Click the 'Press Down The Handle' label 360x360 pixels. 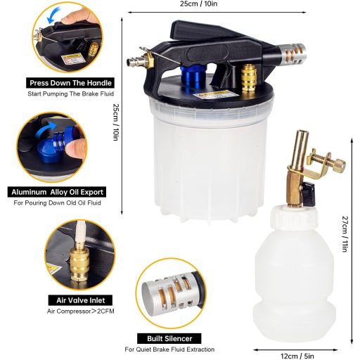70,82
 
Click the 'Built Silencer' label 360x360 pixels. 169,338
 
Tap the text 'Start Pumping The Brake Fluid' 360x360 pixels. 70,94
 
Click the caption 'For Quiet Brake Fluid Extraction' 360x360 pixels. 169,349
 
